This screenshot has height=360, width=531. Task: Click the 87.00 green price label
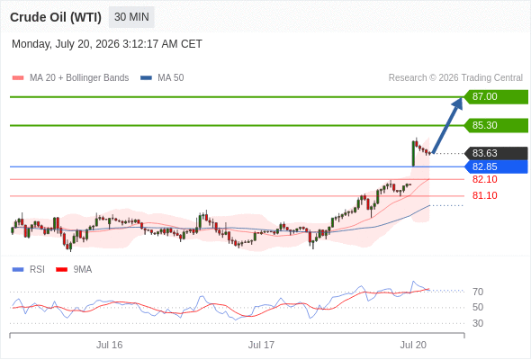click(x=496, y=97)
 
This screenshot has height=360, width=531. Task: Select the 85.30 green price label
click(x=496, y=125)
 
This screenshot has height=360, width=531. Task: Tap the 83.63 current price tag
click(x=496, y=153)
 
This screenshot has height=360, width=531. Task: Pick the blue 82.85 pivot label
click(x=496, y=166)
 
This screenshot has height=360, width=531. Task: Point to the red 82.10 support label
click(x=484, y=179)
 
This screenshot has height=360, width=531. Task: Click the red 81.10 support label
click(x=484, y=195)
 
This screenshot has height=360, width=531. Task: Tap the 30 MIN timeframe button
click(x=131, y=17)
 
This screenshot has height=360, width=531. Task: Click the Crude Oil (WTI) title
click(x=56, y=17)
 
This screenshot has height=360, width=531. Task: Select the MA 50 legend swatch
click(x=146, y=78)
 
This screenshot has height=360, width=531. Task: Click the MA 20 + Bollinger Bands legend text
click(x=79, y=78)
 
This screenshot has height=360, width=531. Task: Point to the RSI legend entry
click(x=29, y=270)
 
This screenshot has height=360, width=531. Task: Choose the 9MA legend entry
click(x=74, y=270)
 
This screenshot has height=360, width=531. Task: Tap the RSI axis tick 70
click(x=478, y=292)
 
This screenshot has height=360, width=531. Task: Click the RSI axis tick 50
click(x=478, y=307)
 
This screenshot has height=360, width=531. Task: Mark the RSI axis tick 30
click(x=478, y=323)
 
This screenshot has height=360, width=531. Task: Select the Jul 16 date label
click(x=110, y=345)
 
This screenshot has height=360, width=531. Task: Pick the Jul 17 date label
click(x=261, y=345)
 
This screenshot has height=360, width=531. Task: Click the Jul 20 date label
click(x=413, y=345)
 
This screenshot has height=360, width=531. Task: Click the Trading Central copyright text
click(x=455, y=78)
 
